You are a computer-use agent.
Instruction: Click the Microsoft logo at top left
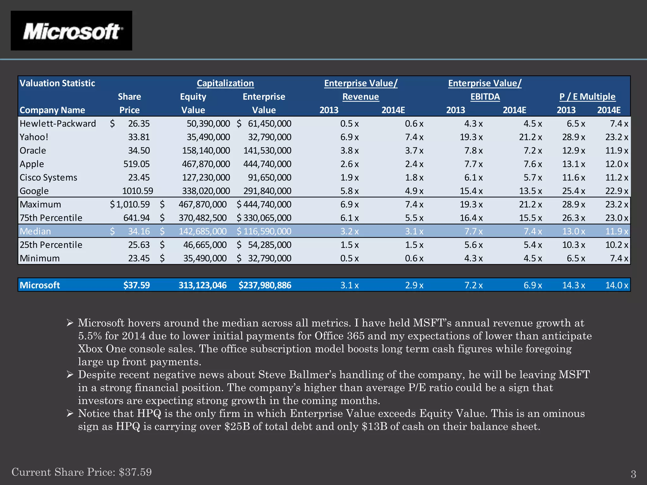[x=71, y=31]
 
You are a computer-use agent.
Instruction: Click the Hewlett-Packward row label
[x=57, y=123]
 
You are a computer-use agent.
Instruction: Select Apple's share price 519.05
[x=136, y=164]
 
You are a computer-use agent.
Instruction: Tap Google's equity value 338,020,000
[x=206, y=191]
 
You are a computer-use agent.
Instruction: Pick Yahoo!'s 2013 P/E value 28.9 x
[x=573, y=137]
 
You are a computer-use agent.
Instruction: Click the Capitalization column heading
[x=225, y=83]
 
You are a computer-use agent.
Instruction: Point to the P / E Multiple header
[x=587, y=97]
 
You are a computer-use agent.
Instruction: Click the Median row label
[x=35, y=231]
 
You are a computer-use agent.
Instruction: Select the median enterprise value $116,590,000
[x=264, y=231]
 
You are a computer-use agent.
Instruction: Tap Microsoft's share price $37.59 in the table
[x=136, y=285]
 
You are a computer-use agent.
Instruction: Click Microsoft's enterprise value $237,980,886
[x=265, y=285]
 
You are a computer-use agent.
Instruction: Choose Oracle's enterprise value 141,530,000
[x=267, y=151]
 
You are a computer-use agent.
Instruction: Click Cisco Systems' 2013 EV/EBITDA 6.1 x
[x=473, y=177]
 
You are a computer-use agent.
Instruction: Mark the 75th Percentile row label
[x=51, y=218]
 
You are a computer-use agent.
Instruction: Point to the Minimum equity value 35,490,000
[x=205, y=258]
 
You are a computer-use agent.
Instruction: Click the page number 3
[x=633, y=474]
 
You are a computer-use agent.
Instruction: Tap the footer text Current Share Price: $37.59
[x=82, y=472]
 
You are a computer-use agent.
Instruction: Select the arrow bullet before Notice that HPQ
[x=70, y=413]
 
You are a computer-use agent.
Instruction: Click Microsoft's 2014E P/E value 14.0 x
[x=616, y=285]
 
